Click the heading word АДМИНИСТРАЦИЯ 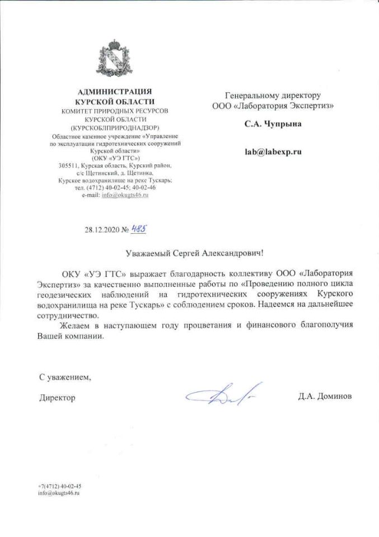click(115, 91)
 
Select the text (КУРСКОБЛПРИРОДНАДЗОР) click(115, 128)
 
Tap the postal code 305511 click(69, 166)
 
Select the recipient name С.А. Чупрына click(273, 124)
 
